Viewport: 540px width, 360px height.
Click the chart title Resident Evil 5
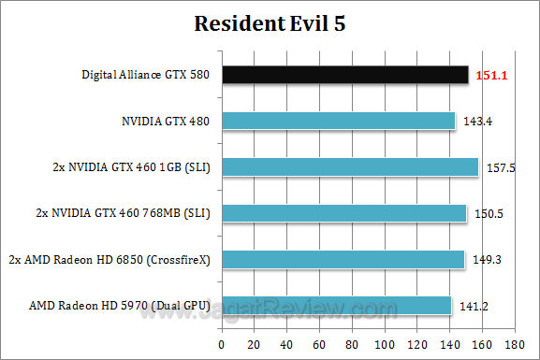click(x=270, y=23)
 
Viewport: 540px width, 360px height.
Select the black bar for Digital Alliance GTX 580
click(x=344, y=75)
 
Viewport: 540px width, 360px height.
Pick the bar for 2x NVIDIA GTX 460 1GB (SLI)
click(x=348, y=166)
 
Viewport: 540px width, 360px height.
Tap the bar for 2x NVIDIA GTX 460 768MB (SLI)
click(x=343, y=213)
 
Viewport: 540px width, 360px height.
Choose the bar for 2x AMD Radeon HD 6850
click(x=342, y=259)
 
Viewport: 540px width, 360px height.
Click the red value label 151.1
click(x=491, y=75)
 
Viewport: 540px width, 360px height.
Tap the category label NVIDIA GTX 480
click(x=165, y=122)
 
